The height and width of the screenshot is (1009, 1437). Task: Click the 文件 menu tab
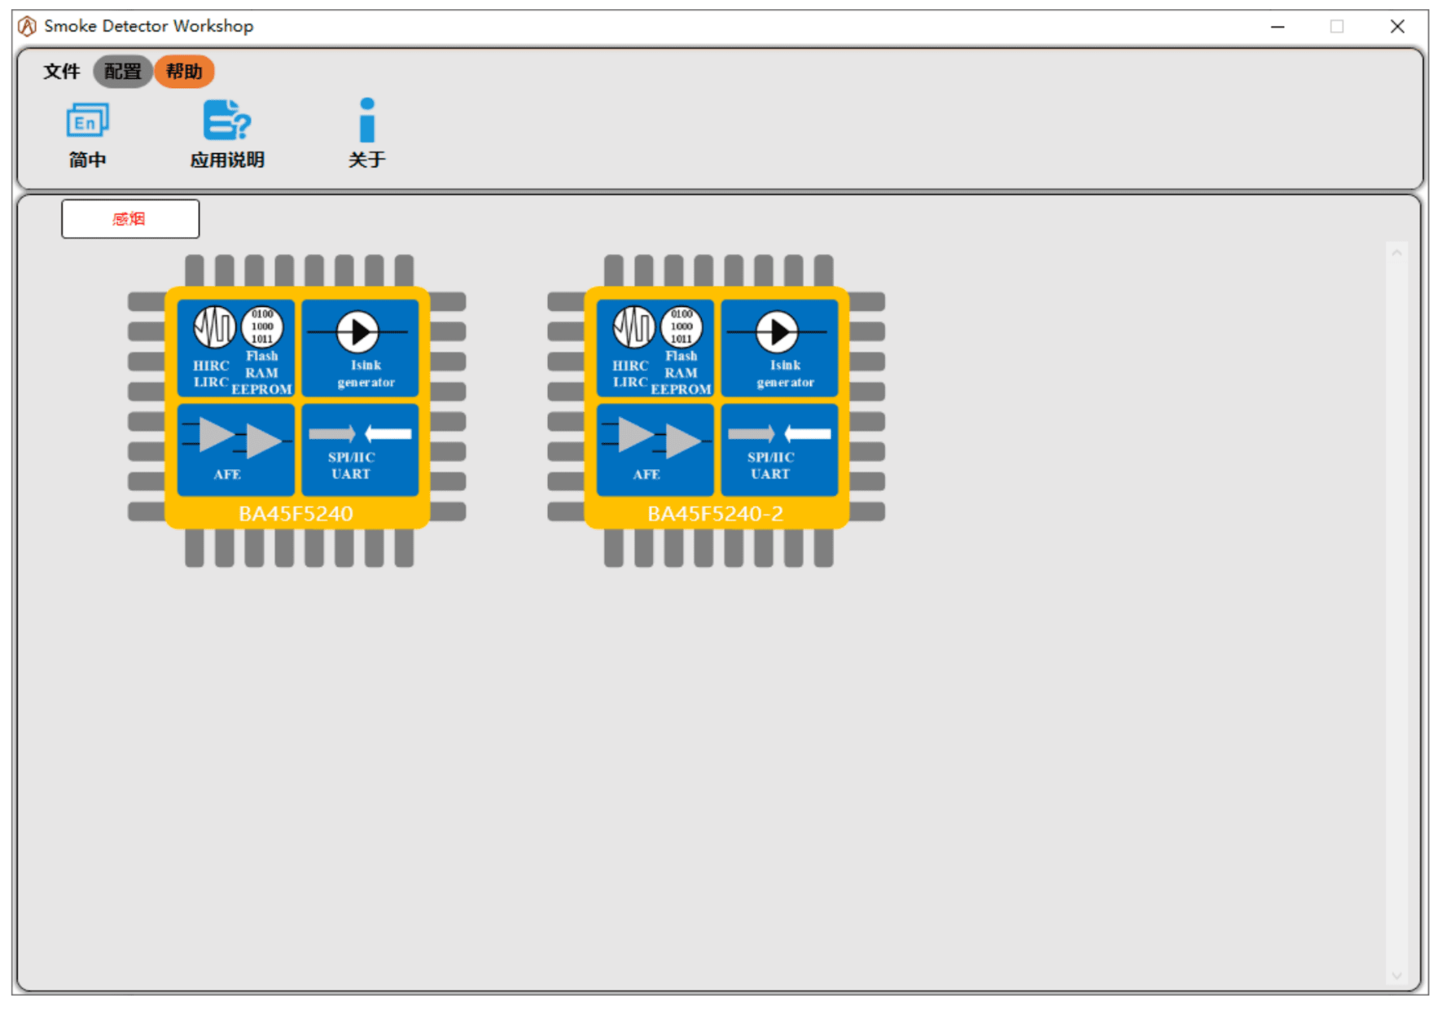(61, 71)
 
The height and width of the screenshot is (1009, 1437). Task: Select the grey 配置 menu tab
(123, 71)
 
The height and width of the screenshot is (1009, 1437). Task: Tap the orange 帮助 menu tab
(184, 71)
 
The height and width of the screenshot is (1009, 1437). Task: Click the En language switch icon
(88, 120)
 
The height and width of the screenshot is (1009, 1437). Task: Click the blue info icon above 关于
(367, 120)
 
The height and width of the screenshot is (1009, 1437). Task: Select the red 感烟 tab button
(130, 219)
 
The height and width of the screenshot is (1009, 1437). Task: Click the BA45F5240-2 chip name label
(715, 514)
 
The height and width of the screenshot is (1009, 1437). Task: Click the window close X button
(1398, 26)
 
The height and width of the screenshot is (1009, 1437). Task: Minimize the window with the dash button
(1277, 27)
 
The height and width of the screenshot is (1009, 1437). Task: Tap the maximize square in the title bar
(1337, 26)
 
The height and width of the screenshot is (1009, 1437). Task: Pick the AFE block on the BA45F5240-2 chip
(655, 450)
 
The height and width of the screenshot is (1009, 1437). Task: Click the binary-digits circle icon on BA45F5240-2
(682, 326)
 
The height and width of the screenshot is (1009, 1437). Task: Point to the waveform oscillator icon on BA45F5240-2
(634, 326)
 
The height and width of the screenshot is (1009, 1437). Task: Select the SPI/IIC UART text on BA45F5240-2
(771, 465)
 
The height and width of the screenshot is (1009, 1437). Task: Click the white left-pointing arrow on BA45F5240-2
(808, 434)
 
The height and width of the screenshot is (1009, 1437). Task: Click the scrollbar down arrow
(1397, 975)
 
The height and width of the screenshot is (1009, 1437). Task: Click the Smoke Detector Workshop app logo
(27, 26)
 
